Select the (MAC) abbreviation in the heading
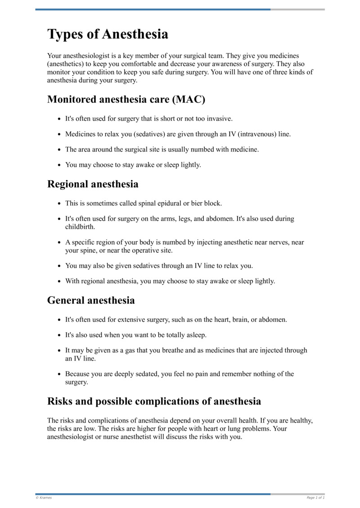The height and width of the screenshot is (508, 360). (188, 99)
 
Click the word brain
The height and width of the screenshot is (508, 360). (243, 320)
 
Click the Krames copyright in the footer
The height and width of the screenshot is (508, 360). (44, 498)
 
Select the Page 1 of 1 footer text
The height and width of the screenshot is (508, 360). (315, 498)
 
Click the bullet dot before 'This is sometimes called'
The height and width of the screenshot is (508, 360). (59, 204)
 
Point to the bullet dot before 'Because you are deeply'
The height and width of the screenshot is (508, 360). (59, 374)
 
